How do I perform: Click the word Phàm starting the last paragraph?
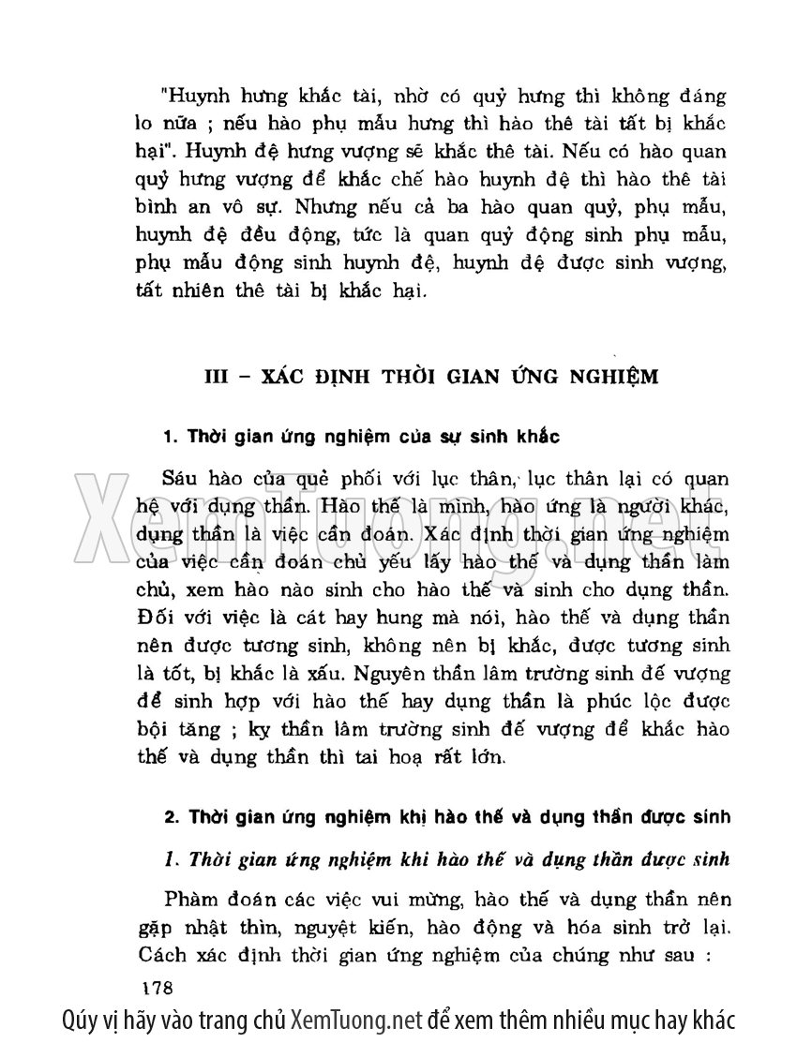click(x=190, y=901)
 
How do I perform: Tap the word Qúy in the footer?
click(x=82, y=1020)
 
